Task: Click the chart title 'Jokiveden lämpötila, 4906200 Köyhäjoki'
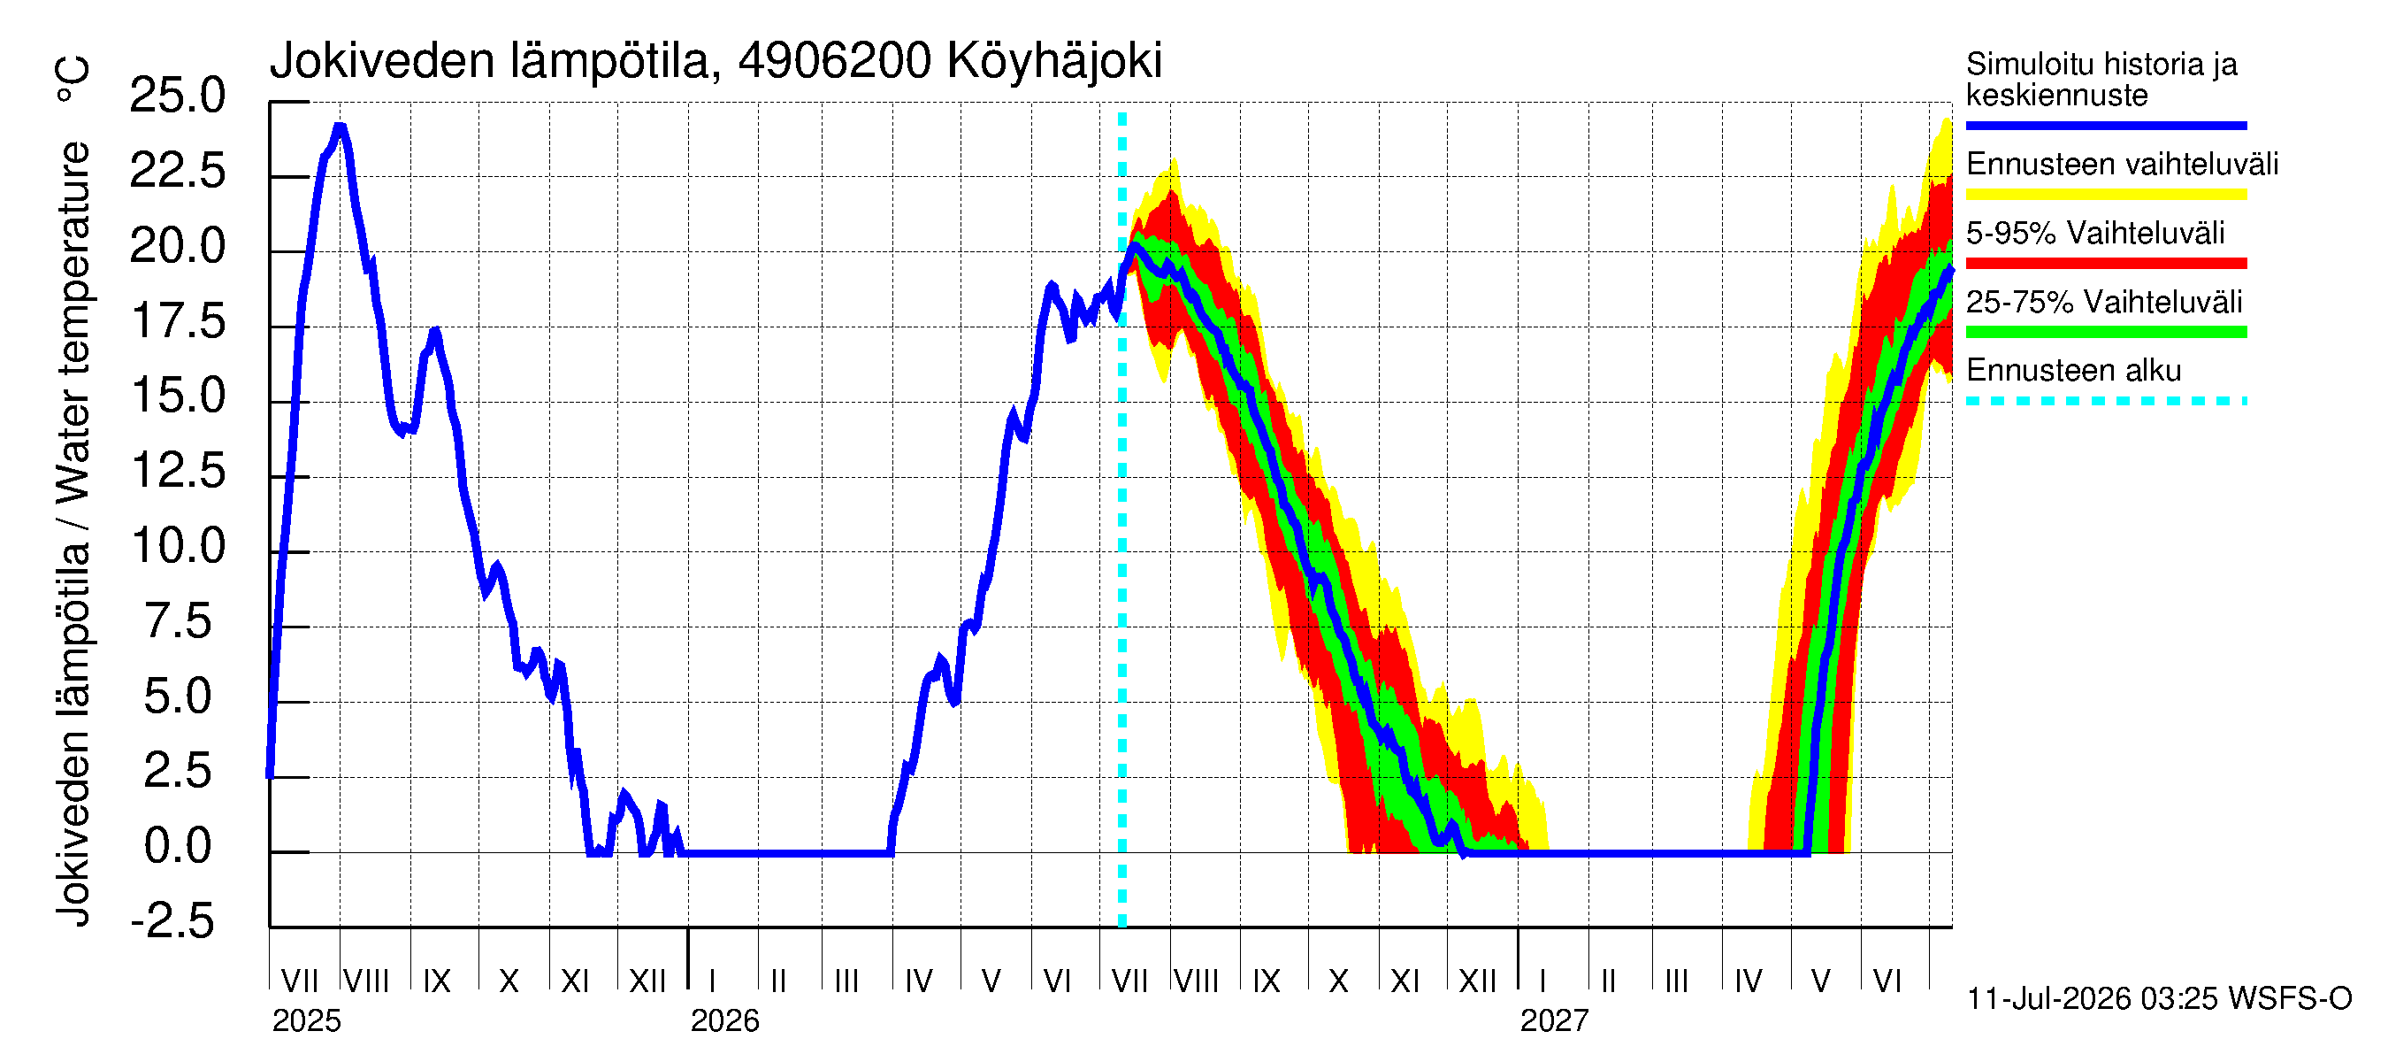[716, 61]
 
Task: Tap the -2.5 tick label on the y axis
[173, 921]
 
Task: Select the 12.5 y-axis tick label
[177, 470]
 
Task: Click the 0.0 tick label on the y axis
[177, 846]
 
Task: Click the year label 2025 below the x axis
[307, 1021]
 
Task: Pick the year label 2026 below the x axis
[725, 1021]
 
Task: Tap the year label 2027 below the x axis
[1555, 1021]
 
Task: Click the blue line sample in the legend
[2106, 125]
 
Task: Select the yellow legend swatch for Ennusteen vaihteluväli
[2106, 195]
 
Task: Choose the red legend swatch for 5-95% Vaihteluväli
[2106, 264]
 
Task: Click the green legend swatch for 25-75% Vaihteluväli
[2106, 332]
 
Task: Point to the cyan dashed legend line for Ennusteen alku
[2106, 402]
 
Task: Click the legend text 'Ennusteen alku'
[2074, 371]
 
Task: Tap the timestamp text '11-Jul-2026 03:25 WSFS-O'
[2160, 999]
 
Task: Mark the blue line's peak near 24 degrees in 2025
[341, 127]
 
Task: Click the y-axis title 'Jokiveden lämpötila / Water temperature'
[73, 535]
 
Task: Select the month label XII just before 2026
[647, 981]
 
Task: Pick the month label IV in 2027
[1749, 981]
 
